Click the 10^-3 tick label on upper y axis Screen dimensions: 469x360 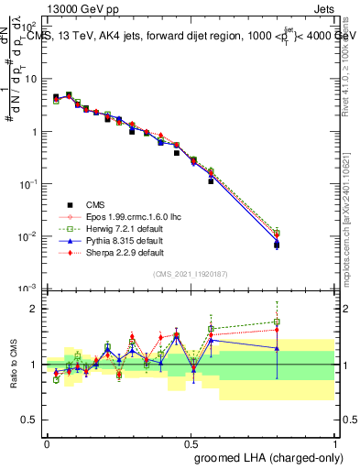click(x=27, y=289)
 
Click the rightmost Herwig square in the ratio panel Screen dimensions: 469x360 click(x=277, y=322)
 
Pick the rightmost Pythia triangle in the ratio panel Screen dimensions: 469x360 click(x=277, y=348)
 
